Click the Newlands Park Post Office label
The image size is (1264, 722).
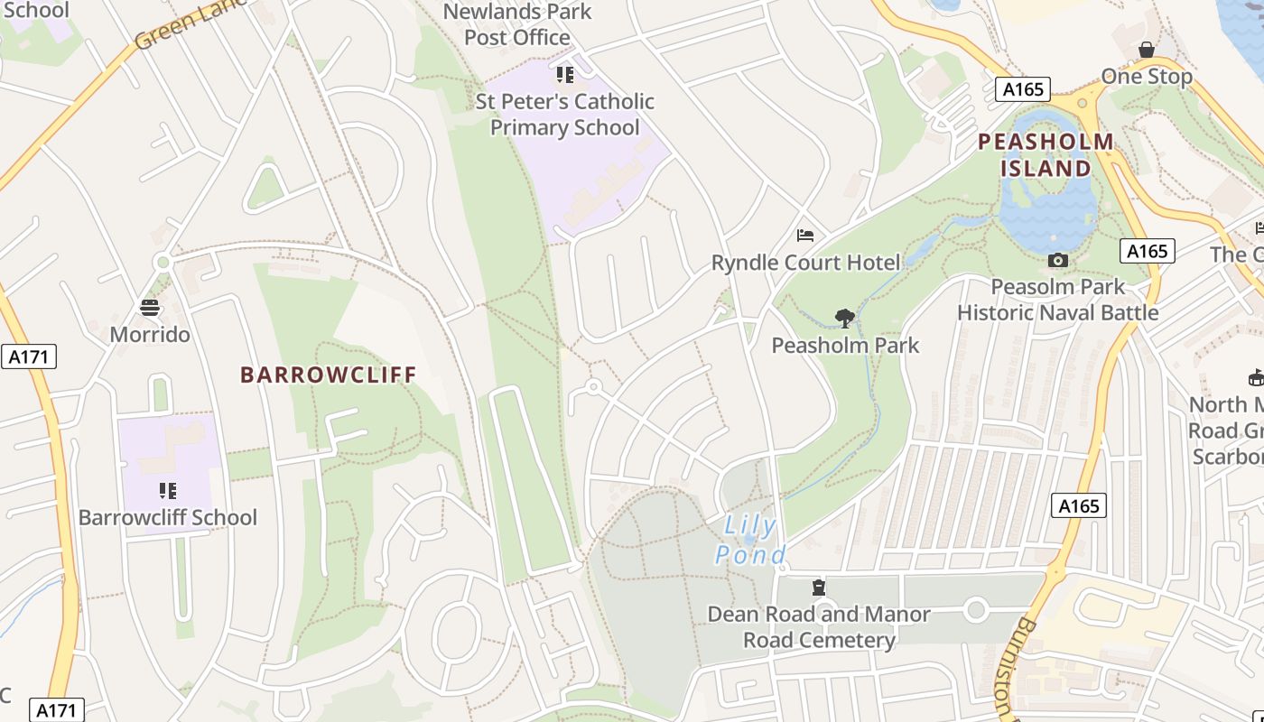(517, 24)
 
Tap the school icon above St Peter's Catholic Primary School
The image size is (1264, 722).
(565, 74)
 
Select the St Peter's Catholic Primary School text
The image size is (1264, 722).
(564, 115)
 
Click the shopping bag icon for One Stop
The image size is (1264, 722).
(1146, 49)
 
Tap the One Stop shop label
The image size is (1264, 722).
(1146, 77)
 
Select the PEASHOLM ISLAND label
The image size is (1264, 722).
(1046, 155)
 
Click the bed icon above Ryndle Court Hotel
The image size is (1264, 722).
(805, 236)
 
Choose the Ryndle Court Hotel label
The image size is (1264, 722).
(805, 263)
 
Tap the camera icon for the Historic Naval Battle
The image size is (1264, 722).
(1057, 261)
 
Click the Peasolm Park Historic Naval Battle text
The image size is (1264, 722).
(1057, 300)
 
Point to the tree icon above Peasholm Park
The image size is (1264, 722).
(845, 318)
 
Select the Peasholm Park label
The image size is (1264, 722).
(845, 345)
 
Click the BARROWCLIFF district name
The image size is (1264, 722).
(328, 375)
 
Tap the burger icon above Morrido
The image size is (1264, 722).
(150, 308)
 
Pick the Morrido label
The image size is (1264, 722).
(150, 335)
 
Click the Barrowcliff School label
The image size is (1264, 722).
(168, 517)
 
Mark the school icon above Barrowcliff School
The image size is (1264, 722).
(168, 490)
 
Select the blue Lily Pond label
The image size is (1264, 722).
(750, 540)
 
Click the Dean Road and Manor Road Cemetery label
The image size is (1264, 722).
(818, 627)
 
